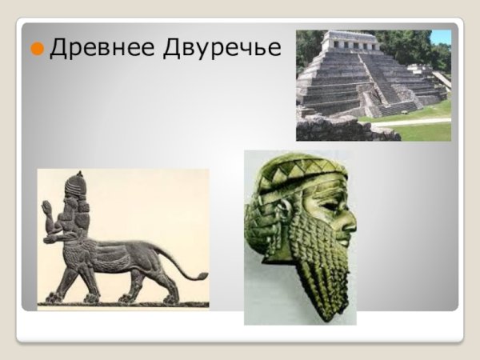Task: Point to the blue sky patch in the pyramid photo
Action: (440, 36)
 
